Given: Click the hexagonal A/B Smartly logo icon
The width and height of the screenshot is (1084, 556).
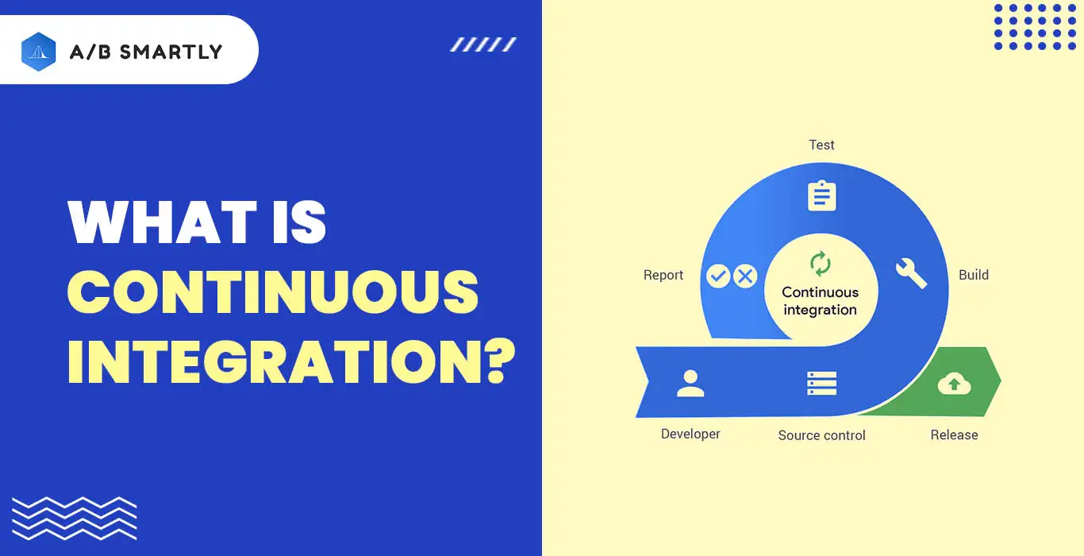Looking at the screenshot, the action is [x=39, y=52].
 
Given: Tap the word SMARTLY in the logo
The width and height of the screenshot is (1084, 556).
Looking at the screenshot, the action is [x=171, y=52].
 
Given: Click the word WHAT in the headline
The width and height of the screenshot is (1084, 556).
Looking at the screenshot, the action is [x=163, y=222].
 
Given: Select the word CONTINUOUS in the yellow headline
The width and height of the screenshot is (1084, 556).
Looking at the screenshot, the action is [x=273, y=292].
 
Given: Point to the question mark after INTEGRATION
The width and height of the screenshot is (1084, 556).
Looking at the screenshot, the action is [x=501, y=361].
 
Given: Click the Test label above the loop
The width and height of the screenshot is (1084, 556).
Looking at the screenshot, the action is [x=821, y=145].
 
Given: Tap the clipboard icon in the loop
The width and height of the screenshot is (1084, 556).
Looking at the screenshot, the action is [x=821, y=195].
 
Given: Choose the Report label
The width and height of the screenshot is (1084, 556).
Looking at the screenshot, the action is [x=663, y=275].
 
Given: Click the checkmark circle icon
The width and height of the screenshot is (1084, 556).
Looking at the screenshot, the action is [x=718, y=276].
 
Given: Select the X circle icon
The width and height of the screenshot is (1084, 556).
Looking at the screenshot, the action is [x=745, y=276].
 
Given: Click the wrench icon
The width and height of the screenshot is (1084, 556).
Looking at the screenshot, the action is [x=911, y=273].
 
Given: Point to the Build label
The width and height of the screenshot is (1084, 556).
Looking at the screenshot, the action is [x=974, y=275].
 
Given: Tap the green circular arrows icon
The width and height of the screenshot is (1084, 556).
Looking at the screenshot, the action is [x=821, y=264].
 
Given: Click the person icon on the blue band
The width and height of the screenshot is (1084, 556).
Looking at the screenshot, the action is [x=690, y=384].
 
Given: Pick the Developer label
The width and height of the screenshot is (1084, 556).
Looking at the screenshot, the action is [x=690, y=434].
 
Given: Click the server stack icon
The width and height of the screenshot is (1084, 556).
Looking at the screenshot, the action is [x=821, y=384].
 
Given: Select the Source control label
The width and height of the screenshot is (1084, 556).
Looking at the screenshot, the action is [x=821, y=435].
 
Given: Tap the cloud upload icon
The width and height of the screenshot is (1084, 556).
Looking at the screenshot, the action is [x=954, y=384].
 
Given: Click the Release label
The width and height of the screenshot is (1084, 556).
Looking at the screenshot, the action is [x=955, y=435].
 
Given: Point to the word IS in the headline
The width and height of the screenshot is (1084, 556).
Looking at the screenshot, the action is [x=299, y=222].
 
